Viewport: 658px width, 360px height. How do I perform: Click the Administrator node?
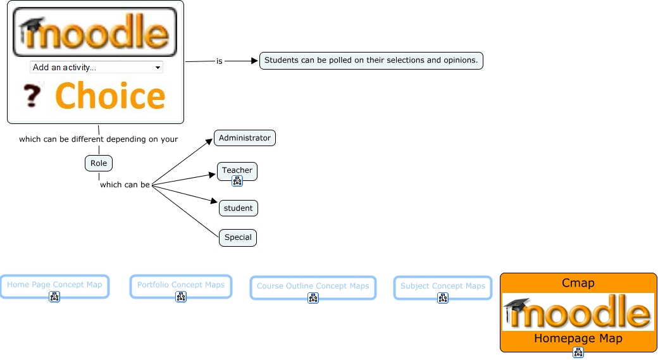[245, 138]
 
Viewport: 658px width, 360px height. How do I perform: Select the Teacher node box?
[237, 171]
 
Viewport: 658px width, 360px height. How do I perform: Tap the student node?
[239, 208]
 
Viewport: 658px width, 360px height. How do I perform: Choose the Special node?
[238, 237]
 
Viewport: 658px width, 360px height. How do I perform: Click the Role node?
[99, 163]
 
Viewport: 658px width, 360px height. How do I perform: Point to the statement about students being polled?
[371, 60]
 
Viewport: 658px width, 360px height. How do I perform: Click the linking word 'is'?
[219, 61]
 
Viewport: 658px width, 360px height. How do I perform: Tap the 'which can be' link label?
[125, 185]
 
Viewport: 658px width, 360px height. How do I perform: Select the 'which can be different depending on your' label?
[98, 139]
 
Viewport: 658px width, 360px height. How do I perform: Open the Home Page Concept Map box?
[54, 287]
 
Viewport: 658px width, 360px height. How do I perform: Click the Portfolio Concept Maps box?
[181, 287]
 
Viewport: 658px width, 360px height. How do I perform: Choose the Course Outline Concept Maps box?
[313, 288]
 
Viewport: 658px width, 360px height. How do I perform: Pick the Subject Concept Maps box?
[443, 288]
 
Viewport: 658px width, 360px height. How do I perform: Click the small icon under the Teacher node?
[237, 181]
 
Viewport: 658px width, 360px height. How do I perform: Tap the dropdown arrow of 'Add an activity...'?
[158, 67]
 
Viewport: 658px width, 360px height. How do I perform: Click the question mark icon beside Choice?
[33, 96]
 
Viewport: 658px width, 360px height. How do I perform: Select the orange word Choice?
[110, 96]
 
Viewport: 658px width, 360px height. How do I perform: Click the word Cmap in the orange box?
[578, 283]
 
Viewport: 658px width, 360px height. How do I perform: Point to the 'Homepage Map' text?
[578, 338]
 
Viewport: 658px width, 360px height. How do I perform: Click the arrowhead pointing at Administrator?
[209, 142]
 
